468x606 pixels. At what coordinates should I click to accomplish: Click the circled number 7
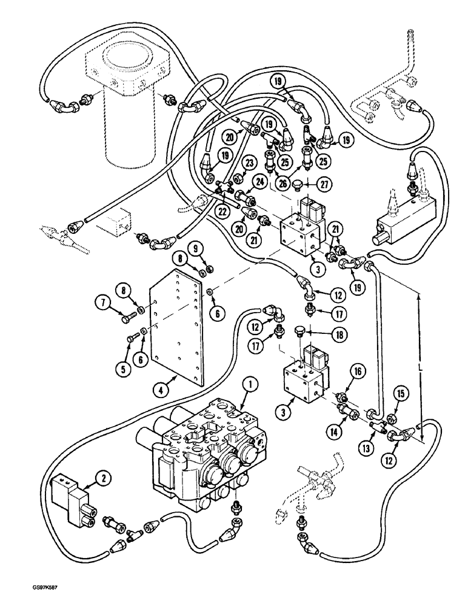tap(102, 301)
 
